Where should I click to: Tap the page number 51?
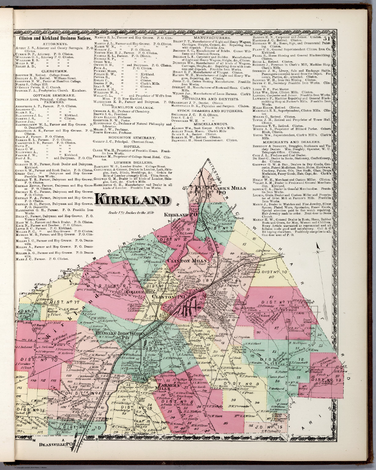pyautogui.click(x=326, y=39)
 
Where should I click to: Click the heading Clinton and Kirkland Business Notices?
pyautogui.click(x=55, y=39)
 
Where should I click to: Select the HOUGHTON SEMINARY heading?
pyautogui.click(x=132, y=138)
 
